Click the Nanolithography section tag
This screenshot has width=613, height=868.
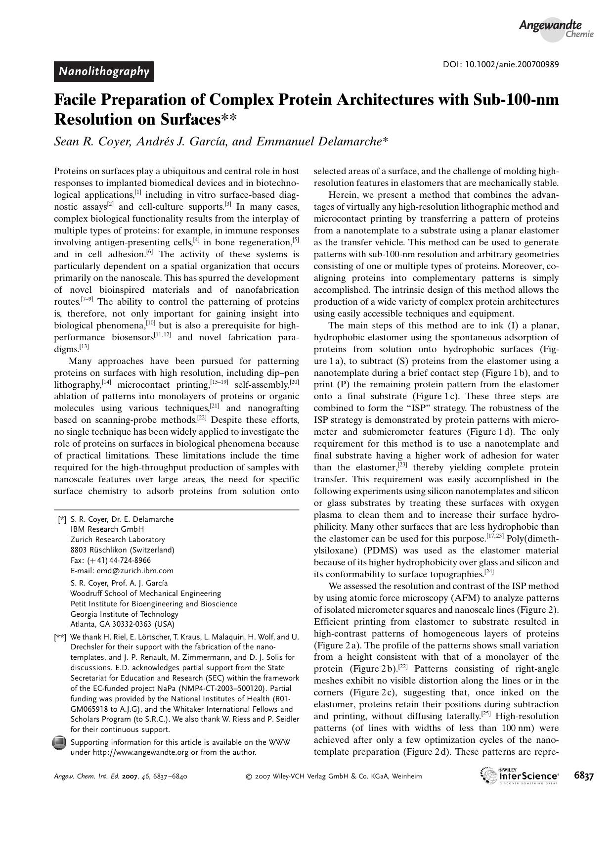(104, 72)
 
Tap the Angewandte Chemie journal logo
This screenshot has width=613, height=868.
(555, 29)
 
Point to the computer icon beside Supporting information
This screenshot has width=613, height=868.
(59, 742)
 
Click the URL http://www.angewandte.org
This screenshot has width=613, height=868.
(141, 752)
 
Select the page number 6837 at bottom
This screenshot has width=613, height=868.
(584, 776)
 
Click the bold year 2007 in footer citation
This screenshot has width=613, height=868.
(131, 777)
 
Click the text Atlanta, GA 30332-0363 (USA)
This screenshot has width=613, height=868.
(122, 624)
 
